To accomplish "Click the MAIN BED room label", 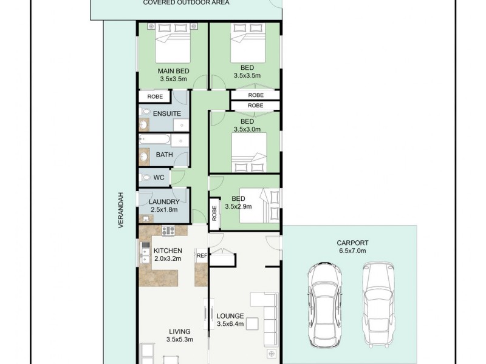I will coord(173,71).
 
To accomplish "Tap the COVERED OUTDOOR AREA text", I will coord(177,3).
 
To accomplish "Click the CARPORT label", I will coord(354,243).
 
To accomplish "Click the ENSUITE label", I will coord(166,114).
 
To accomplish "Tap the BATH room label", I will coord(164,155).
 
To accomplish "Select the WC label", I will coord(159,178).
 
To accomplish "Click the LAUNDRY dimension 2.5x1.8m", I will coord(164,210).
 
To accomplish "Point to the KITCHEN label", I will coord(167,251).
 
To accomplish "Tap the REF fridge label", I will coord(202,256).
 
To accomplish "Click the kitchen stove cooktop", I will coord(168,230).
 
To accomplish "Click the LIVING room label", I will coord(180,331).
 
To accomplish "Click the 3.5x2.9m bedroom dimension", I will coord(238,206).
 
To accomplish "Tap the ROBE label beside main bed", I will coord(154,96).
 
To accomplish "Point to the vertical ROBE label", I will coord(214,212).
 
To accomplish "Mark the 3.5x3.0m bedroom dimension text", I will coord(247,129).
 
